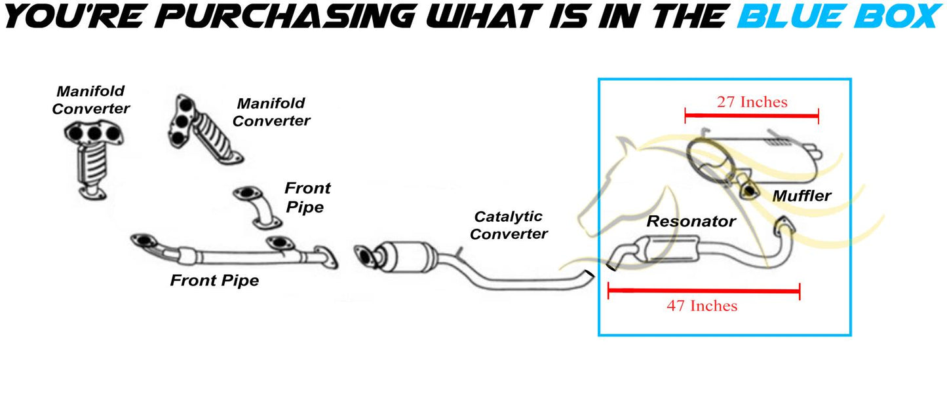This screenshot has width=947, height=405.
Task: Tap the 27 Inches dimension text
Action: (x=752, y=102)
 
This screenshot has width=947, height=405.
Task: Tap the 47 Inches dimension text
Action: (x=702, y=306)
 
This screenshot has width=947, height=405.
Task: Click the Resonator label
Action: (x=691, y=222)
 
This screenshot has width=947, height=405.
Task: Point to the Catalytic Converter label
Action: (x=509, y=225)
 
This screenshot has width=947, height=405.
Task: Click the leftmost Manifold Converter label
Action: (x=90, y=100)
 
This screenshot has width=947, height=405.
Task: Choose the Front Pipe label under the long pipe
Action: (x=214, y=281)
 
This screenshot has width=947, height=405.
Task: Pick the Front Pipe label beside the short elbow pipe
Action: (x=307, y=198)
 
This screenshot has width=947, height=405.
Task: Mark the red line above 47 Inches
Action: (x=704, y=291)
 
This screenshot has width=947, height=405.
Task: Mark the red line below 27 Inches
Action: (x=752, y=116)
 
